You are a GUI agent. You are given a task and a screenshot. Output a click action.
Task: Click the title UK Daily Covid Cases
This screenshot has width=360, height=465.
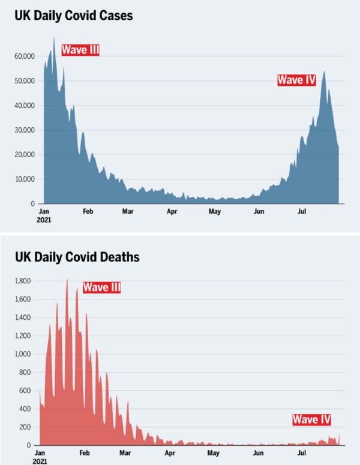(x=74, y=16)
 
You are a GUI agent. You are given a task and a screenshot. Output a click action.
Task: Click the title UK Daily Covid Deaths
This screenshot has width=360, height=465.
(x=77, y=257)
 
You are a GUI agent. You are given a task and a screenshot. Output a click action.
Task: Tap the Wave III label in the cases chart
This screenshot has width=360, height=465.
(x=80, y=50)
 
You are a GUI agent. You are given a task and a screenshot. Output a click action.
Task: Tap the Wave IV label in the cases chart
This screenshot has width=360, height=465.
(x=296, y=80)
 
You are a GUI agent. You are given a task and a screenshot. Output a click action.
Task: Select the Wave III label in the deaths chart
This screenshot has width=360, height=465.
(x=102, y=287)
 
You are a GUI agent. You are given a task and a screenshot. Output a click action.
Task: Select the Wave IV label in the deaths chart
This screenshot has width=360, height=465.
(x=311, y=419)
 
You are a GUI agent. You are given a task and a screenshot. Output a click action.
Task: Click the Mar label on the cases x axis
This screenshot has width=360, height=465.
(x=127, y=211)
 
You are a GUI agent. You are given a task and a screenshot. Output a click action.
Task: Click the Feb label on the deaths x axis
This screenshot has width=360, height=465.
(x=84, y=453)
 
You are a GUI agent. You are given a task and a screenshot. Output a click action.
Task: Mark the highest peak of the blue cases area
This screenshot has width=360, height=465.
(x=53, y=37)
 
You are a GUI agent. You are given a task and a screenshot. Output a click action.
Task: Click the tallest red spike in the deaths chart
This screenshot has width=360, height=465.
(x=67, y=279)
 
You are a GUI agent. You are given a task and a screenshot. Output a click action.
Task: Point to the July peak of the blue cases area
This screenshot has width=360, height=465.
(x=325, y=71)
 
